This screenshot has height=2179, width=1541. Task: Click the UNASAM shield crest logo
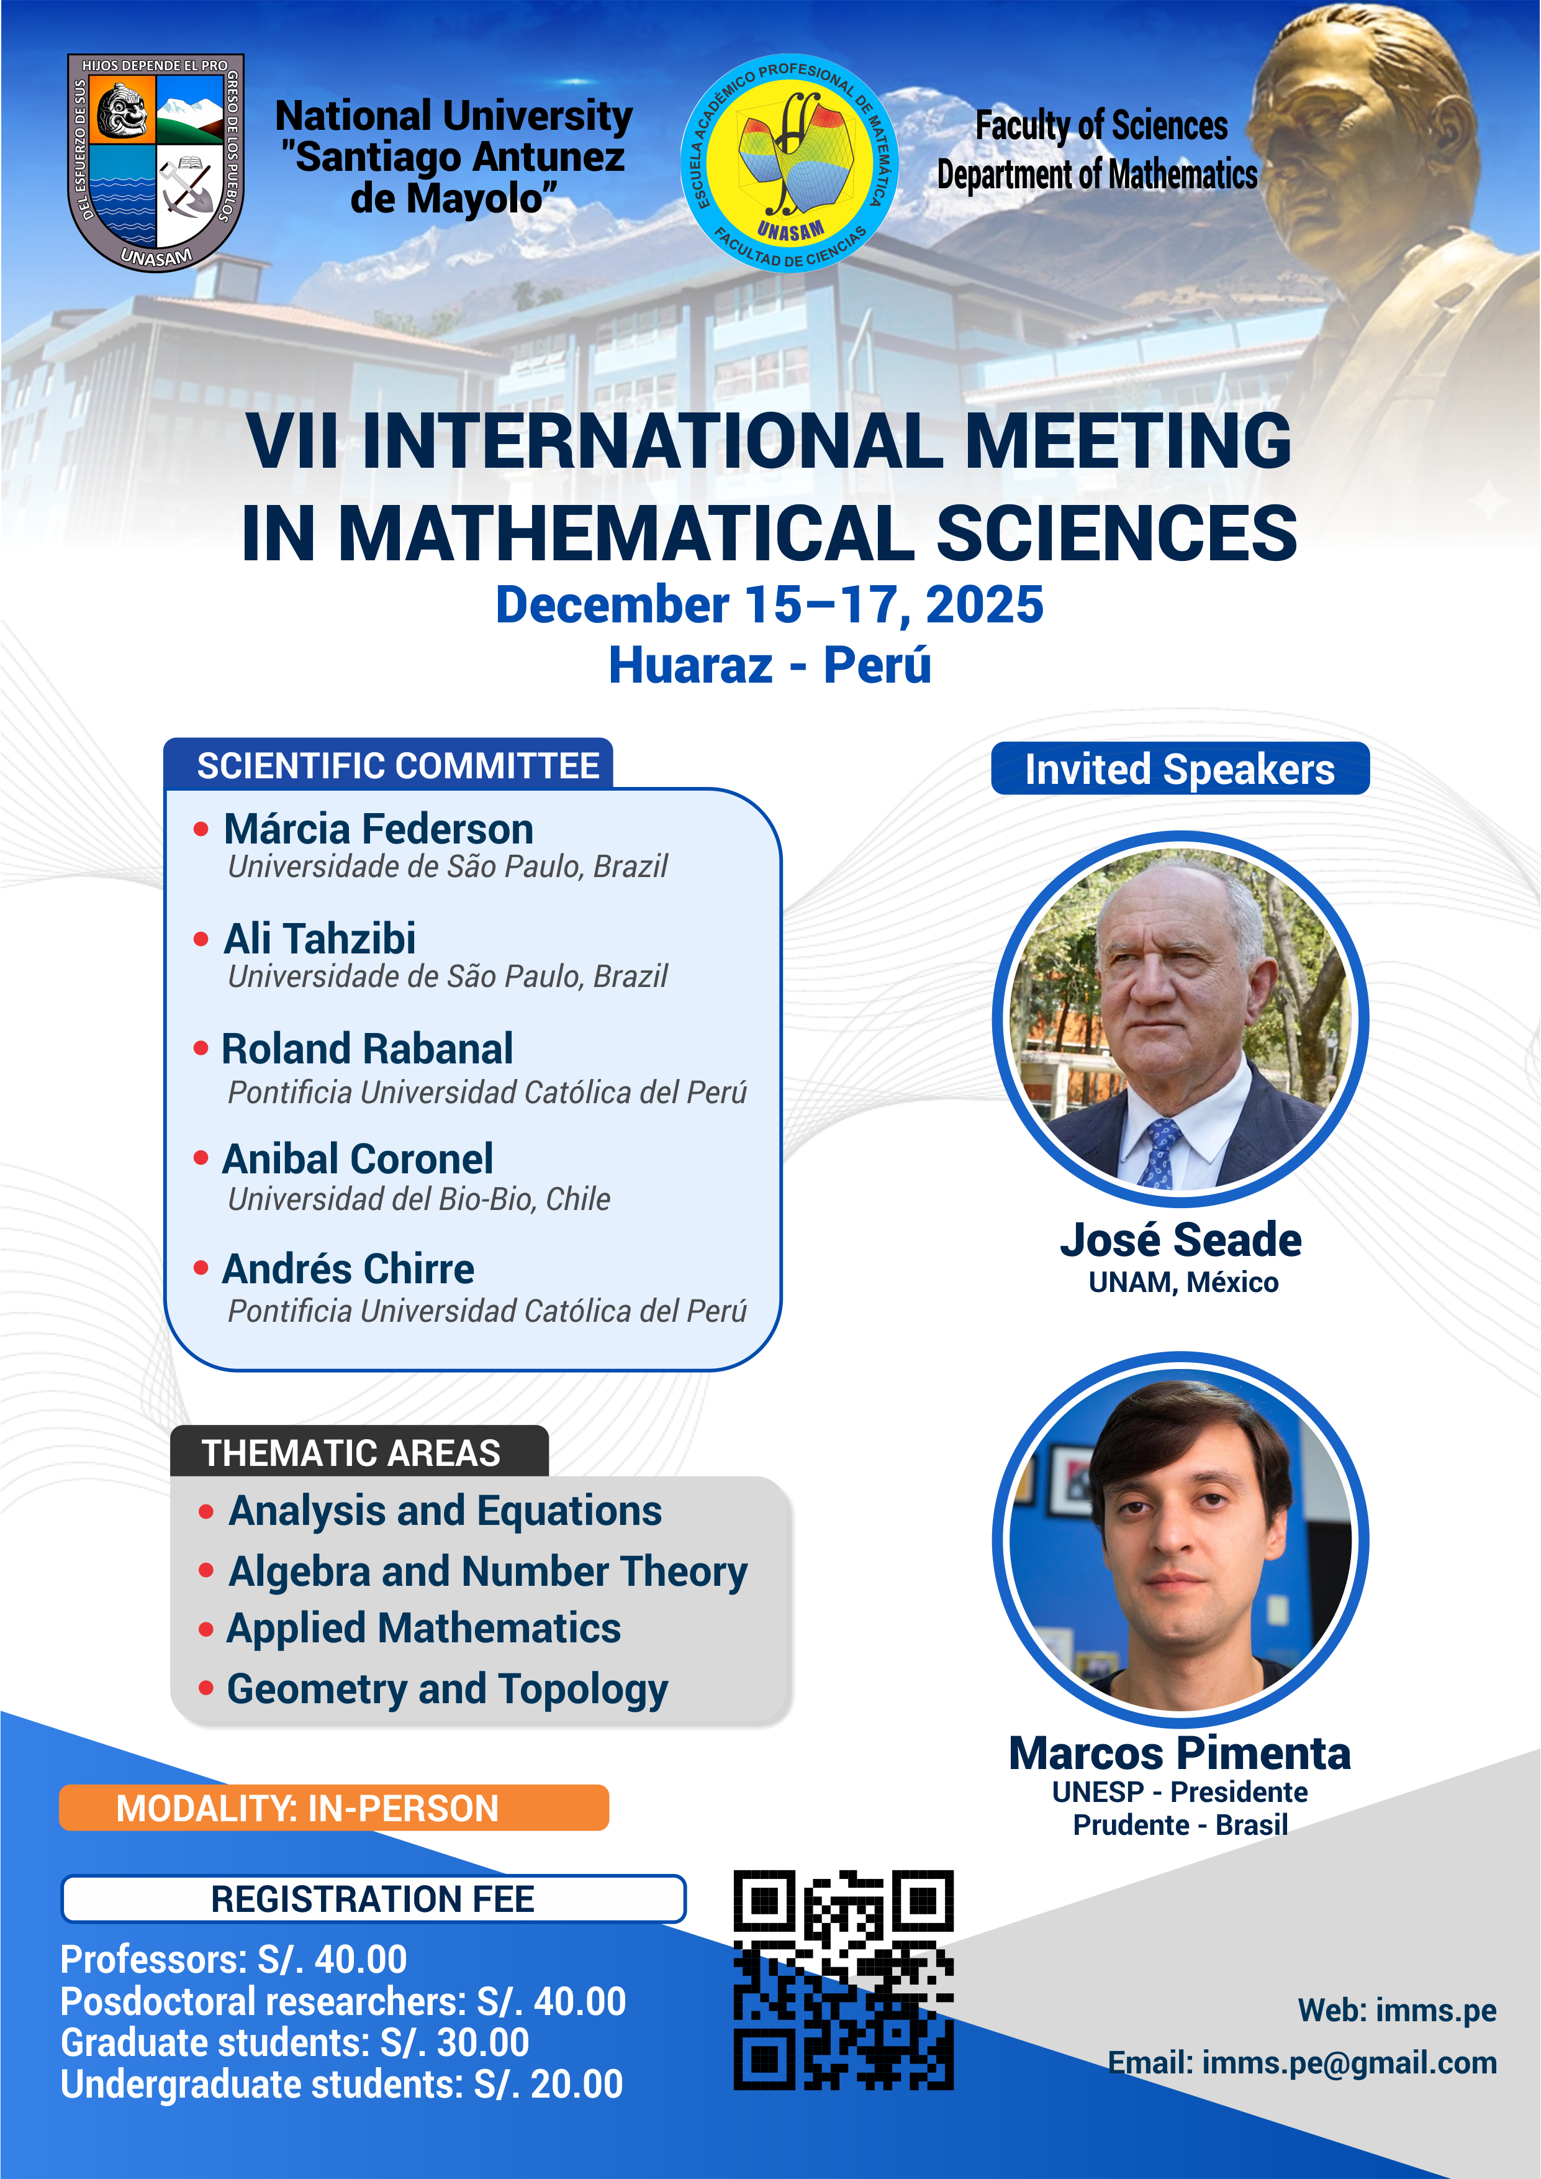(156, 162)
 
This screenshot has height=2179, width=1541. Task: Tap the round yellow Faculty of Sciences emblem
(790, 162)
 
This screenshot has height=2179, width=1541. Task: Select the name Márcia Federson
(379, 829)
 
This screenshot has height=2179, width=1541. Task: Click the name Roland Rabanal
(367, 1049)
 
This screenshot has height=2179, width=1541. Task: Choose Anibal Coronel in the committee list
(358, 1159)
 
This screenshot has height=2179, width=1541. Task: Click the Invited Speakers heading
(1180, 769)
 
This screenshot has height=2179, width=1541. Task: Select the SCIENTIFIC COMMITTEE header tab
(389, 765)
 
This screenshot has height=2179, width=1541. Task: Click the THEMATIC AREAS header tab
(359, 1452)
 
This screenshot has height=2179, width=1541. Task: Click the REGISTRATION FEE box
(373, 1899)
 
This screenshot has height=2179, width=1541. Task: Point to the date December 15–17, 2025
(769, 604)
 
